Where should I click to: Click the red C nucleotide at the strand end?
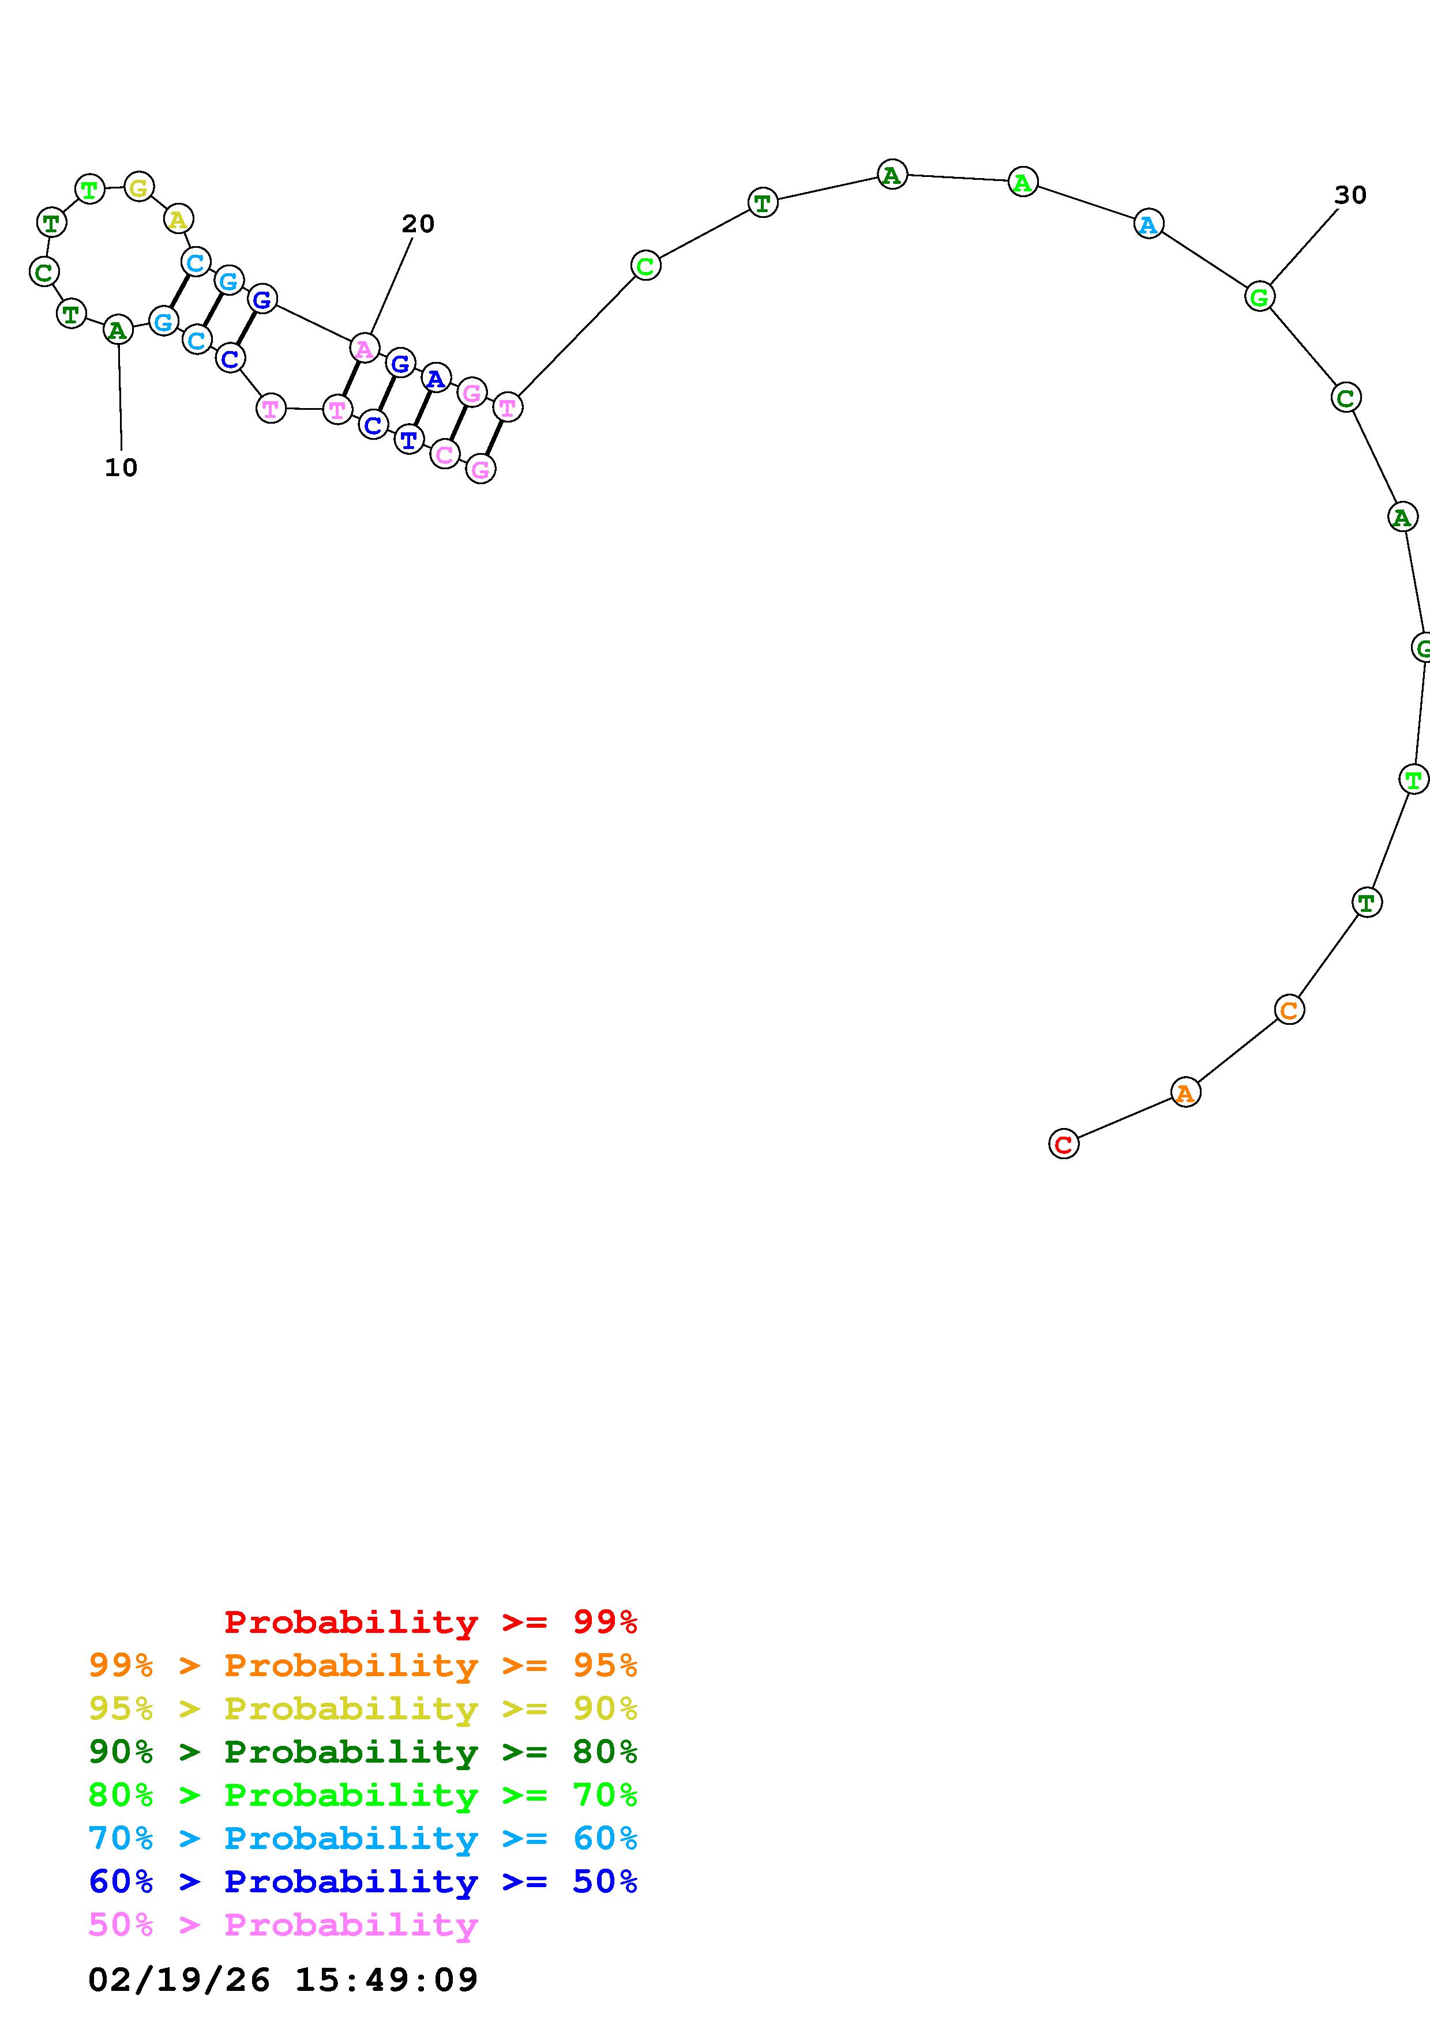click(1064, 1144)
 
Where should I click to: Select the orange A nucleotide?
click(1185, 1093)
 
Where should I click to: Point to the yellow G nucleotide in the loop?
click(139, 187)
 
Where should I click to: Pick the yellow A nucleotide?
click(178, 218)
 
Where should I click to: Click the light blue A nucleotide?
click(1148, 224)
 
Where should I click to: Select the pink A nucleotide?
click(364, 349)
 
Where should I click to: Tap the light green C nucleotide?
click(646, 265)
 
